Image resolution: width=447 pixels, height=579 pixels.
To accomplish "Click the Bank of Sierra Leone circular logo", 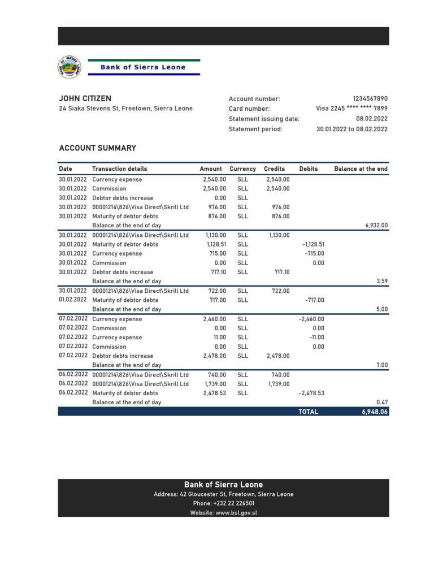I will click(x=70, y=67).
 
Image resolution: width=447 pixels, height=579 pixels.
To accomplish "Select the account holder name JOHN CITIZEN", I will click(x=85, y=98).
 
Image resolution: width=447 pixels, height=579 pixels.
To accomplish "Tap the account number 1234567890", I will click(x=370, y=98).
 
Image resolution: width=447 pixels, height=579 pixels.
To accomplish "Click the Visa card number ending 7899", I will click(x=351, y=109).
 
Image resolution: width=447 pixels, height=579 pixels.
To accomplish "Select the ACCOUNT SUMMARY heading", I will click(x=97, y=148).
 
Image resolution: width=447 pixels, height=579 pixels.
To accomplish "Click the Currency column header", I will click(x=242, y=169).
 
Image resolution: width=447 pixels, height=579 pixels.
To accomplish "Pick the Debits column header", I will click(x=309, y=169).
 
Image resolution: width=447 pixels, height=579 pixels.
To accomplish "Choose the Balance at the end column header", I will click(x=361, y=169).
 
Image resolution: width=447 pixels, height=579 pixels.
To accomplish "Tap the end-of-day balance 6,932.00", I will click(x=376, y=225).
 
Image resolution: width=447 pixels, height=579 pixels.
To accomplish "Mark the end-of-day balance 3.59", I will click(x=382, y=281).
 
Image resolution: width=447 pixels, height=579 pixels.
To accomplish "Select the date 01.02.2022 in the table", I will click(x=73, y=300).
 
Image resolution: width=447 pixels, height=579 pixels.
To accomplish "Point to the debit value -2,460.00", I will click(x=311, y=319).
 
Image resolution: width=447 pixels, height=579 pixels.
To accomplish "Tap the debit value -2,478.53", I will click(x=311, y=393).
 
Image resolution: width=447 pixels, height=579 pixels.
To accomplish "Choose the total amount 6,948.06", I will click(x=375, y=412).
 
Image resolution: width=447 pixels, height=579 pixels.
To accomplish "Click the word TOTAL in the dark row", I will click(x=309, y=412).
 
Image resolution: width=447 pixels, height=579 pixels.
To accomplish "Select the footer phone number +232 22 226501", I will click(x=223, y=503).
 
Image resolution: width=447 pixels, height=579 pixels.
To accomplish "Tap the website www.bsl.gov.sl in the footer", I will click(x=223, y=513).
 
